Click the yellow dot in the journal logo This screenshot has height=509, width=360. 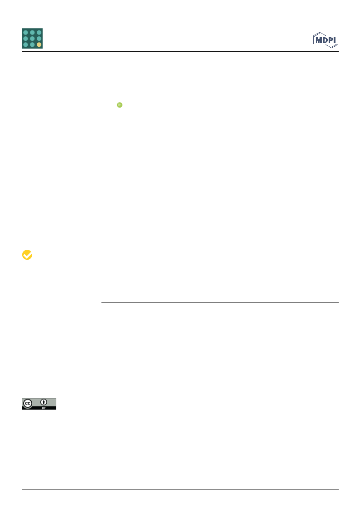pos(39,44)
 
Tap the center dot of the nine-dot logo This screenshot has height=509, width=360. pos(32,38)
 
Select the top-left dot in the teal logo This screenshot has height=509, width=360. pos(25,32)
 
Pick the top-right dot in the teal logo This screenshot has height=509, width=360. pos(39,32)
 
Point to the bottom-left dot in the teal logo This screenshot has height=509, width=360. pos(25,44)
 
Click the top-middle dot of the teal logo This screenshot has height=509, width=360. pos(32,32)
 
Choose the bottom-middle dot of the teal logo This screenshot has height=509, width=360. pos(32,44)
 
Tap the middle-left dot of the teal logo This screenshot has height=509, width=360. pos(25,38)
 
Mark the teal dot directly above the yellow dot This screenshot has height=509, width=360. pos(39,38)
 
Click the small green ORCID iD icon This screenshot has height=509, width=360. pos(119,105)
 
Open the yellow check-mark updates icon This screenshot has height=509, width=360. pos(27,255)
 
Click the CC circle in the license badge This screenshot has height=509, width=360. pos(28,404)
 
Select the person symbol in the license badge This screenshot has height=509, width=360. pos(44,402)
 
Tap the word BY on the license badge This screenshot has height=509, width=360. pos(44,408)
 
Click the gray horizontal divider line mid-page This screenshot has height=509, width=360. pos(220,302)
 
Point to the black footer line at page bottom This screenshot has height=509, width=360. pos(180,489)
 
